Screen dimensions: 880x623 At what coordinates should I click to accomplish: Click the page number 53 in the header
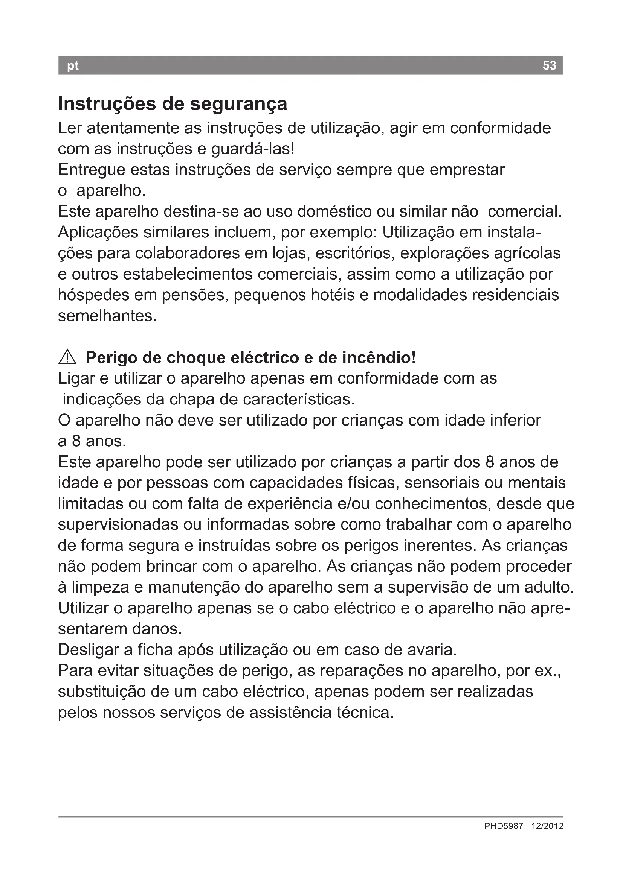549,65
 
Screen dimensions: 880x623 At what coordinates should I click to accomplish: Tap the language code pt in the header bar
72,66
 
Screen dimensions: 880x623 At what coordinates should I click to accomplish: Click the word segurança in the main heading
238,104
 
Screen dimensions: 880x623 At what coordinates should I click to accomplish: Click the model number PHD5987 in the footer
503,826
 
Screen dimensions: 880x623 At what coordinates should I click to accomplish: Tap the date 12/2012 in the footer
547,826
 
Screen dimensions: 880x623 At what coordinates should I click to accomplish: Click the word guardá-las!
253,149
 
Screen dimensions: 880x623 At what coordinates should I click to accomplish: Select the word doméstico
334,211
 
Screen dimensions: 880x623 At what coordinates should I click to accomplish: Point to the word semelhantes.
107,316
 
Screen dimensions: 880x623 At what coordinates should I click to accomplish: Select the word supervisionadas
118,524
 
